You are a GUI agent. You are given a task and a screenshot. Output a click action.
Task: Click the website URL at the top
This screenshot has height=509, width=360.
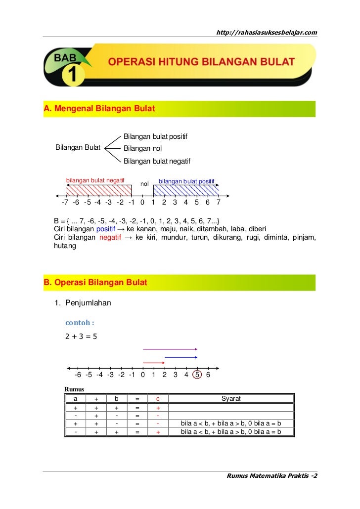click(x=267, y=33)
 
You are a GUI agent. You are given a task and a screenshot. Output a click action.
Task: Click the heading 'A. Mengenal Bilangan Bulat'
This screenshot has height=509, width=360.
click(x=99, y=108)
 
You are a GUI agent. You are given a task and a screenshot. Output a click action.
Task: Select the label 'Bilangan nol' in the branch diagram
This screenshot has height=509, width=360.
click(x=142, y=148)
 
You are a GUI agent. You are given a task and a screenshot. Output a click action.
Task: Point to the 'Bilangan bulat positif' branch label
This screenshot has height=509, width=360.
click(x=155, y=136)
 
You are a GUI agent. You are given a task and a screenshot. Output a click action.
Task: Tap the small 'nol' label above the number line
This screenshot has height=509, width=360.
click(x=145, y=184)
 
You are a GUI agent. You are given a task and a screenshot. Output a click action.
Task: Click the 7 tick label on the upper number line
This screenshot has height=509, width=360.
click(x=218, y=203)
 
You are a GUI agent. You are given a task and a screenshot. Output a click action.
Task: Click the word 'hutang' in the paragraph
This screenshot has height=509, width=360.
click(x=65, y=246)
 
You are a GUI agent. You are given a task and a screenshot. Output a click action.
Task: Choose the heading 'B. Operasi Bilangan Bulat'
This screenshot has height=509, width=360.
click(x=95, y=283)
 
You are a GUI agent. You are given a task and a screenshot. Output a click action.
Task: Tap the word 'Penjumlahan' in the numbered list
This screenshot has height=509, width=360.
click(x=85, y=302)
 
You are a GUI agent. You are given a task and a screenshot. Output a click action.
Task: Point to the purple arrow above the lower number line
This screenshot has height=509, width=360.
click(x=170, y=349)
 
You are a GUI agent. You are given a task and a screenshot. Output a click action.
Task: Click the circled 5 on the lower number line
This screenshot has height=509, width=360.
click(x=197, y=375)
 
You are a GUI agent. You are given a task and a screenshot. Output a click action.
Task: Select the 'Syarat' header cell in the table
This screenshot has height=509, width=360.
click(x=231, y=399)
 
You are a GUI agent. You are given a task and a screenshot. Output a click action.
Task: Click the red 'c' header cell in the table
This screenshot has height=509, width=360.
click(x=158, y=399)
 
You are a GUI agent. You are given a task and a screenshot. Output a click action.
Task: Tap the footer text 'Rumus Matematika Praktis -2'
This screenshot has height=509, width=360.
click(x=271, y=476)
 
